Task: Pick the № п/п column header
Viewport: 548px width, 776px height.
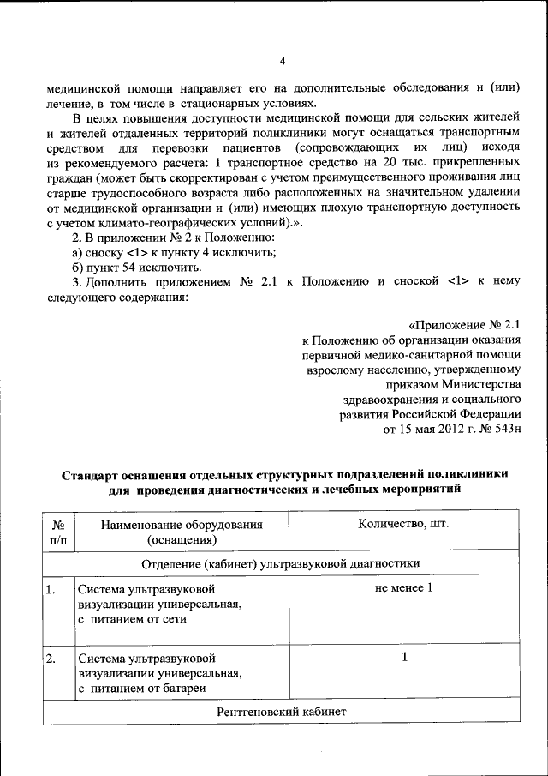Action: pyautogui.click(x=58, y=532)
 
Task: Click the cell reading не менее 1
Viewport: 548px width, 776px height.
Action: pyautogui.click(x=403, y=587)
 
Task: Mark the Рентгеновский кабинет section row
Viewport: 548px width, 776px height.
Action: pyautogui.click(x=281, y=713)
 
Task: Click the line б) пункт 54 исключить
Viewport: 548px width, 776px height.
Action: pyautogui.click(x=136, y=267)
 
